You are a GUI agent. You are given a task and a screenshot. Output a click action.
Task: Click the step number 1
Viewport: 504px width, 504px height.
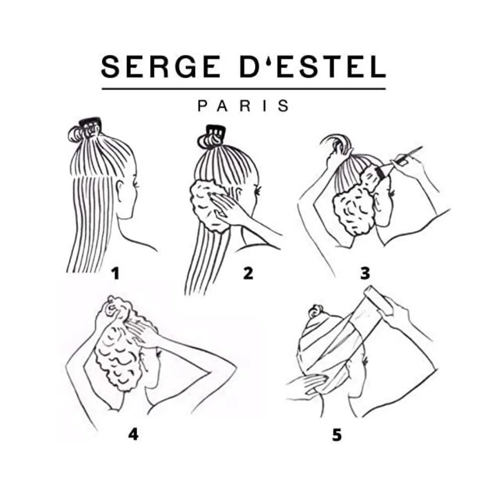(116, 274)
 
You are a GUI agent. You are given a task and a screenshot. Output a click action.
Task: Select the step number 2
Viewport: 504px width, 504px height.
(248, 274)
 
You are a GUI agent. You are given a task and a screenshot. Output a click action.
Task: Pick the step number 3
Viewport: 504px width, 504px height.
(365, 274)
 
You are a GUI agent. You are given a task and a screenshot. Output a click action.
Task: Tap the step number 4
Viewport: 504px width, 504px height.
(133, 434)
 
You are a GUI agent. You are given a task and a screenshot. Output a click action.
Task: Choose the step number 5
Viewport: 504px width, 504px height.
(337, 434)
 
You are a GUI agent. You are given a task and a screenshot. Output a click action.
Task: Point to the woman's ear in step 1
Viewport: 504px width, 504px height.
(120, 190)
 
